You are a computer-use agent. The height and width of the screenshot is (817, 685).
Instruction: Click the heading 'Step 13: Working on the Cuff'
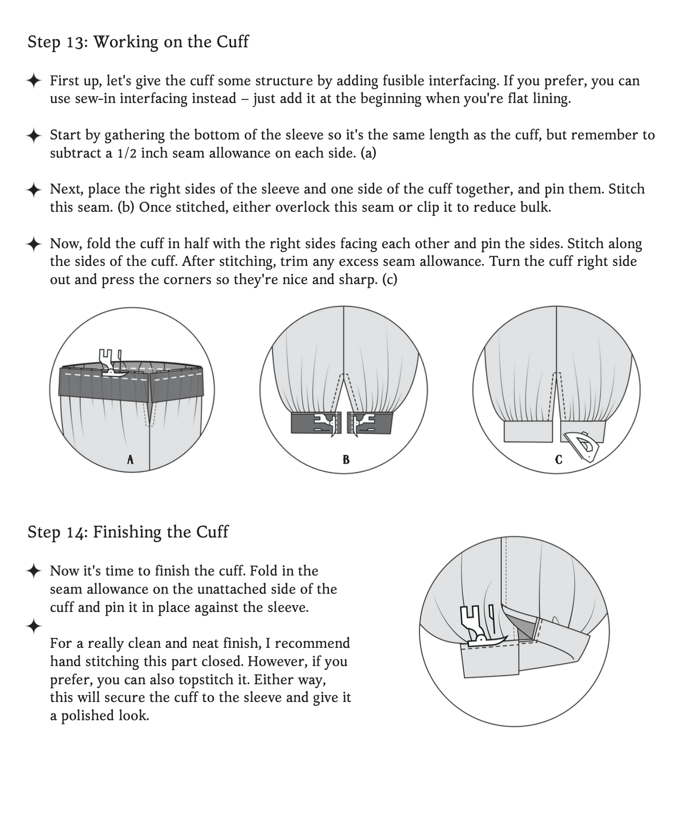coord(138,42)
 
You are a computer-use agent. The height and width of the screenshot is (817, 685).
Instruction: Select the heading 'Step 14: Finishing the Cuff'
coord(128,532)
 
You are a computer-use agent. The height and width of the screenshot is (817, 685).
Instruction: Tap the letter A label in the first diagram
coord(130,459)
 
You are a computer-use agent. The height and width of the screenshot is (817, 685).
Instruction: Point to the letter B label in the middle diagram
coord(346,459)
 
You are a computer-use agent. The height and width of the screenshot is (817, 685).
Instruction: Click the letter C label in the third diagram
coord(559,459)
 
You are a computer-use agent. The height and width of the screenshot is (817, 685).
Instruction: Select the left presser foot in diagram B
coord(326,423)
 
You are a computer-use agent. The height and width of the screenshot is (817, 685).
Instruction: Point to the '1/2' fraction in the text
coord(128,154)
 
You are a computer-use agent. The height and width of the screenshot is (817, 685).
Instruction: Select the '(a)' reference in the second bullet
coord(368,154)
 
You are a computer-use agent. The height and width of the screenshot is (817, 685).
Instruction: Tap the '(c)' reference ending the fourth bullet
coord(389,280)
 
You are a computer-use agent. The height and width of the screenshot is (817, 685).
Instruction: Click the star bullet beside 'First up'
coord(34,81)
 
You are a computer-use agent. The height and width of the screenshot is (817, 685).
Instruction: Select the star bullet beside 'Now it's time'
coord(34,571)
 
